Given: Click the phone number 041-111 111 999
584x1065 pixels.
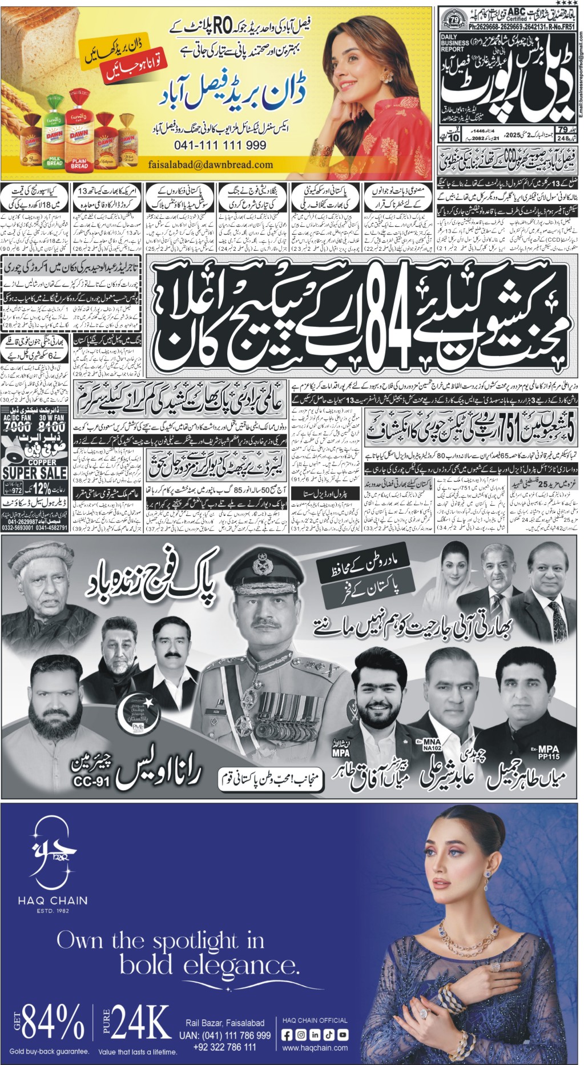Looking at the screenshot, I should click(x=228, y=146).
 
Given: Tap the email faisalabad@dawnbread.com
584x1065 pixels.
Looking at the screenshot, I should click(x=210, y=165).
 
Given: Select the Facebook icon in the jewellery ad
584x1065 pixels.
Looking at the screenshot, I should click(x=287, y=1035).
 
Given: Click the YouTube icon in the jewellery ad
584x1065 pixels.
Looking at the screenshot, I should click(x=343, y=1035).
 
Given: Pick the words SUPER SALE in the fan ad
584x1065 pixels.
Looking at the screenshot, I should click(x=35, y=473).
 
